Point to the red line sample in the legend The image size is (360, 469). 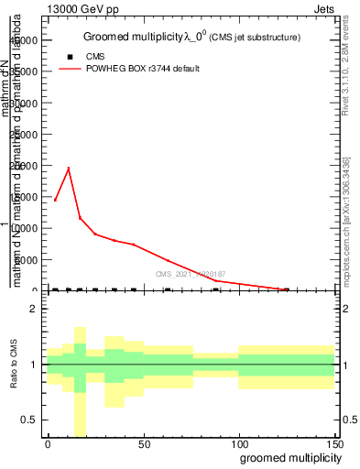pos(70,69)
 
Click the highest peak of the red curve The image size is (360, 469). pos(69,169)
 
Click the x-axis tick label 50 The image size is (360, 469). pos(143,444)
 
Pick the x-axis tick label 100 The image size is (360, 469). pos(238,444)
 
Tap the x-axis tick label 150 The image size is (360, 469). pos(333,444)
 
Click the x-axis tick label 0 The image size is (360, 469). pos(48,444)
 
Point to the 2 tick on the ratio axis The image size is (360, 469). pos(34,309)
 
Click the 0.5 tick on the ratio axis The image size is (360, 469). pos(29,420)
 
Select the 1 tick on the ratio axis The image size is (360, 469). pos(34,365)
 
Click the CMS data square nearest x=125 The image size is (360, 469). pos(286,289)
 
